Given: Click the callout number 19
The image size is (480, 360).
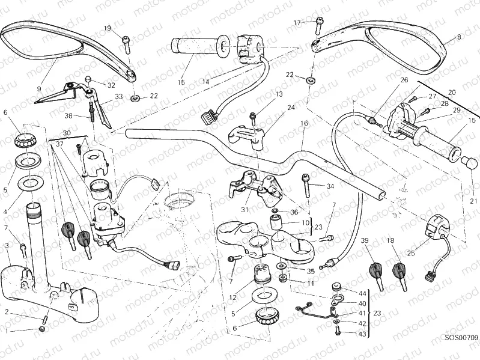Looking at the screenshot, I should [x=108, y=28].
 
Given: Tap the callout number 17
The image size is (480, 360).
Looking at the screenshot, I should [x=297, y=23].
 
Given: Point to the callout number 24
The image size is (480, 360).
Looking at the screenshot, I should [x=291, y=108].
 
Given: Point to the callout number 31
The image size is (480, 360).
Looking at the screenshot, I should [x=243, y=209].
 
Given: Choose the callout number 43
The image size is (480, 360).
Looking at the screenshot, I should [x=362, y=334].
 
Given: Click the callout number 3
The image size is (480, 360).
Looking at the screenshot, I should [x=7, y=245].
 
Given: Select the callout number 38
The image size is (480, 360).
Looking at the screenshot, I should [x=68, y=115].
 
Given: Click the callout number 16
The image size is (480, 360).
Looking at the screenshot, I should [x=305, y=123].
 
